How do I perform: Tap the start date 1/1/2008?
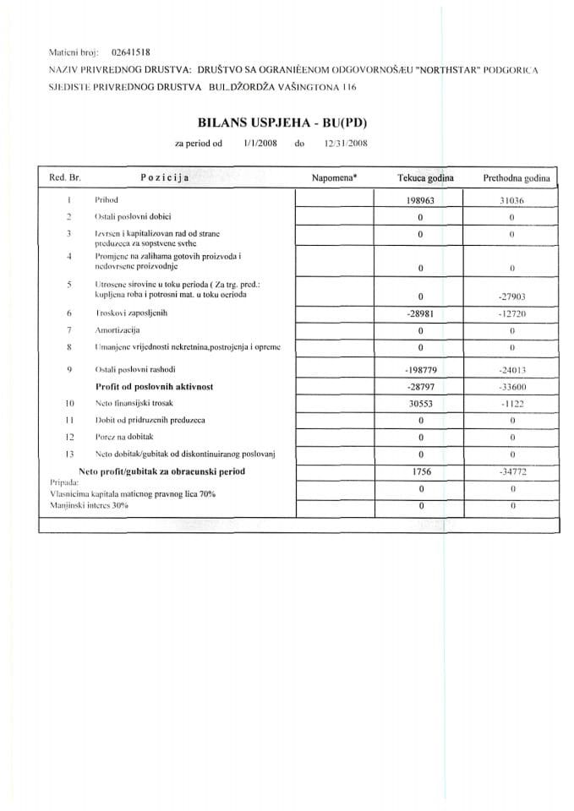pos(259,144)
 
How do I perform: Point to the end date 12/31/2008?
pos(345,144)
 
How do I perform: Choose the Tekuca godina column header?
pos(425,179)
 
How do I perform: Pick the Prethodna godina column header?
pos(516,179)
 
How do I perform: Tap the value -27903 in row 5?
pos(512,297)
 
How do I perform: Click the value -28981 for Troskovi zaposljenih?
pos(420,313)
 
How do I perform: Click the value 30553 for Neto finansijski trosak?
pos(420,403)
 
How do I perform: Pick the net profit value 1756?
pos(420,471)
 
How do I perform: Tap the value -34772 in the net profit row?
pos(512,471)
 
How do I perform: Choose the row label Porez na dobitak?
pos(124,437)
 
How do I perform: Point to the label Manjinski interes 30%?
pos(89,504)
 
